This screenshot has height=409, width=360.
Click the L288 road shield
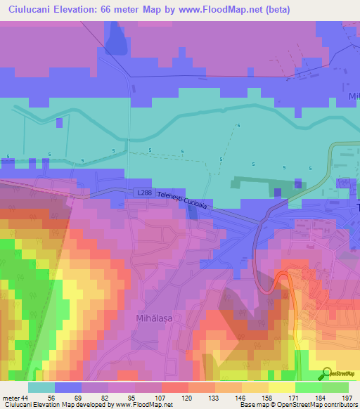click(143, 193)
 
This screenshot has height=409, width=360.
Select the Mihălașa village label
click(153, 318)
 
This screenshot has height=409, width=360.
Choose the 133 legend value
click(212, 398)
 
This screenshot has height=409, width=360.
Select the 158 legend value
click(257, 398)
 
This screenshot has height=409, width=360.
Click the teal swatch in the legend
click(41, 387)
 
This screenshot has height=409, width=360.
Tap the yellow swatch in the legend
click(281, 387)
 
